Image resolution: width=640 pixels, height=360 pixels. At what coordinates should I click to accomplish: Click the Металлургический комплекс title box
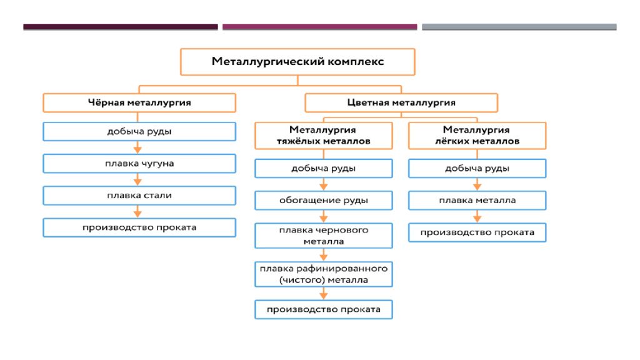(x=297, y=62)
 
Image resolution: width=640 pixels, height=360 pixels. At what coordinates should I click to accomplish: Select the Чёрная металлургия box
(x=139, y=103)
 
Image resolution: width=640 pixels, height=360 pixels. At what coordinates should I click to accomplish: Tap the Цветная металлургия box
(x=401, y=103)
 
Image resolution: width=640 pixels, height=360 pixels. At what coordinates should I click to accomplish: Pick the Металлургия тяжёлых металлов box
(x=324, y=136)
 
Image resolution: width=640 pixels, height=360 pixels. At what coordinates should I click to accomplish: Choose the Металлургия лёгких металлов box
(x=477, y=136)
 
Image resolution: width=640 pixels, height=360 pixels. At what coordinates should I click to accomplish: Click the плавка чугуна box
(x=139, y=164)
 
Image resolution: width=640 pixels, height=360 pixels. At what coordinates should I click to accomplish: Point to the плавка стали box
(x=139, y=196)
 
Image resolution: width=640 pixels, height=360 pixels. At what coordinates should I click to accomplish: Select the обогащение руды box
(x=324, y=201)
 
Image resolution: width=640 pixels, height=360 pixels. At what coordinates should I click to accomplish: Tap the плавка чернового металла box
(x=324, y=236)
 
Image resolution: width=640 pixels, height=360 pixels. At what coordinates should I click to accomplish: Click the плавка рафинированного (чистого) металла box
(x=324, y=274)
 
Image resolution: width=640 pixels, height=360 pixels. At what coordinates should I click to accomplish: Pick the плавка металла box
(x=477, y=201)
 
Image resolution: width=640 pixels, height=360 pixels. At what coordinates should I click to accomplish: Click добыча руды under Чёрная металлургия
(x=139, y=131)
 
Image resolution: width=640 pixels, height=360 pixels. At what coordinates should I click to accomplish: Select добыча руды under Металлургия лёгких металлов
(x=477, y=169)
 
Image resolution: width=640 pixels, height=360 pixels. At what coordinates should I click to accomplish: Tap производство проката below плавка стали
(x=139, y=227)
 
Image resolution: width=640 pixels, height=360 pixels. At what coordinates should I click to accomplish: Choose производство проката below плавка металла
(x=477, y=232)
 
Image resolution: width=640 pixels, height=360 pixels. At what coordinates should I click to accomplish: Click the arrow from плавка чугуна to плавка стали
(x=137, y=179)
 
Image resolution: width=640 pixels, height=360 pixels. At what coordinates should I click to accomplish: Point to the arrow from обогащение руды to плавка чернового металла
(x=324, y=216)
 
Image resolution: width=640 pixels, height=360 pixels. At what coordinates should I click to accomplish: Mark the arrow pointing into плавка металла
(x=477, y=184)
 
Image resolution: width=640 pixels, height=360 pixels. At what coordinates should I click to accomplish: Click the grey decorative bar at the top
(x=519, y=27)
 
